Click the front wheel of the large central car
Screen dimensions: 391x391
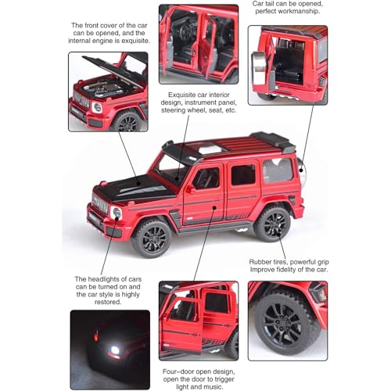(x=150, y=237)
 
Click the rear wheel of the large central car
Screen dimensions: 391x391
(x=271, y=223)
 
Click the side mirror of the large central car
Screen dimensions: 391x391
(x=189, y=188)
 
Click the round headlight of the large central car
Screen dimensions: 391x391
(x=117, y=212)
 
